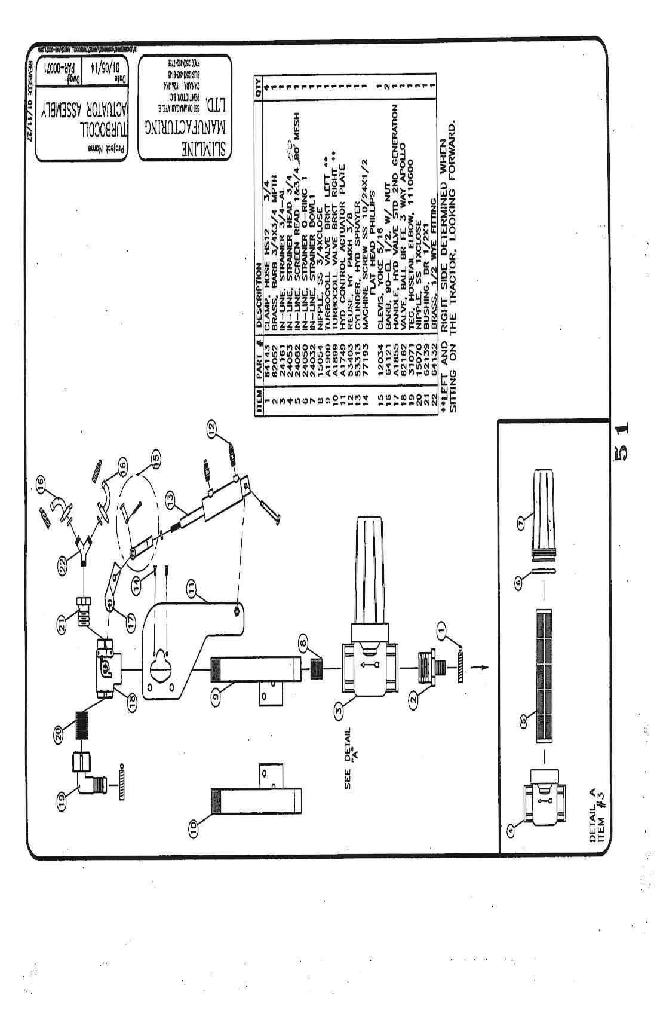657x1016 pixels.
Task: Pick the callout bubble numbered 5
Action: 524,721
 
